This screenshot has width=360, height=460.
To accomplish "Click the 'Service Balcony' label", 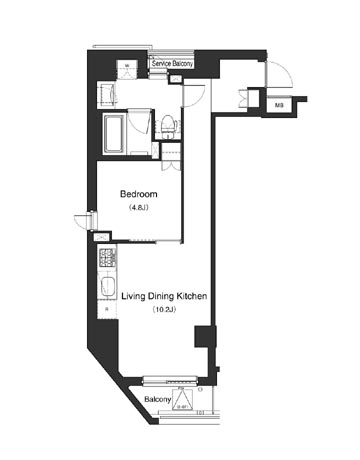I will [172, 65].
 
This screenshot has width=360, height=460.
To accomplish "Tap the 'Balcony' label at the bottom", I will [156, 399].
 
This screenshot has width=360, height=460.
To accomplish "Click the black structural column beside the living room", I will [208, 345].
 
